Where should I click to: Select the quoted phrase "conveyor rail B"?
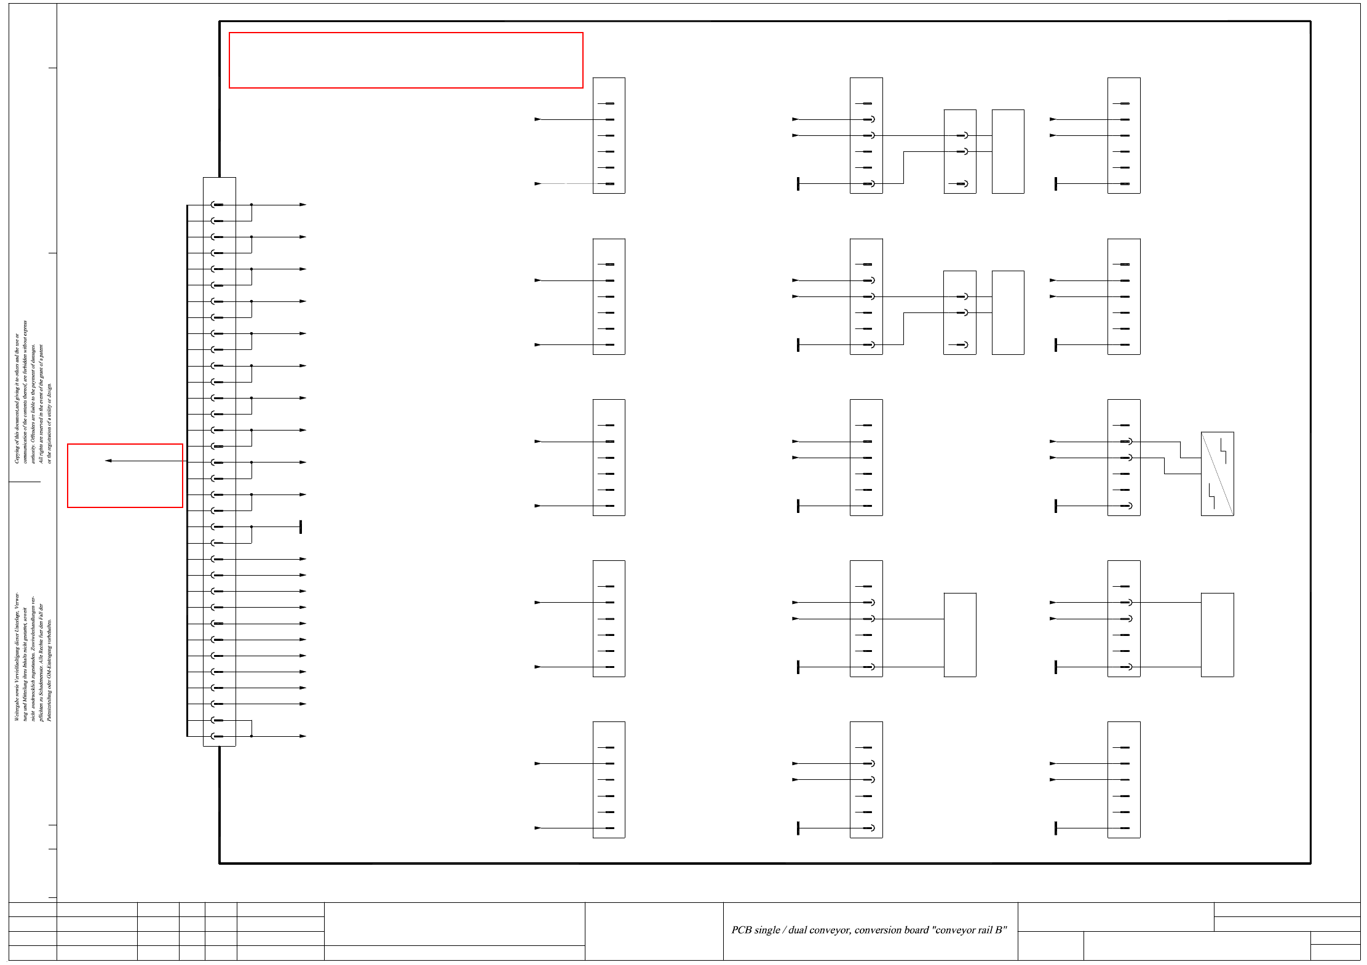tap(970, 930)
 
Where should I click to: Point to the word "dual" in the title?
tap(798, 930)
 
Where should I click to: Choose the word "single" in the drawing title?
tap(767, 930)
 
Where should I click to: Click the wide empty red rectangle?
tap(406, 60)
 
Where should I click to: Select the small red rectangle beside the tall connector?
tap(125, 475)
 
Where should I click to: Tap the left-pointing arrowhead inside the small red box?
tap(108, 461)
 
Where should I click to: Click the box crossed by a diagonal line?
tap(1217, 474)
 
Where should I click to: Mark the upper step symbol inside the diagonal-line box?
tap(1223, 450)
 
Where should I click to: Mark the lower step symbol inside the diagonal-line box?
tap(1211, 497)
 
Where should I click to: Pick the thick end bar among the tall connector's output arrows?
tap(300, 527)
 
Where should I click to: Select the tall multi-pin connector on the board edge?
tap(220, 461)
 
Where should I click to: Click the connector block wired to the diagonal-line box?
tap(1123, 458)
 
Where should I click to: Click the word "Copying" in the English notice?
tap(17, 453)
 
